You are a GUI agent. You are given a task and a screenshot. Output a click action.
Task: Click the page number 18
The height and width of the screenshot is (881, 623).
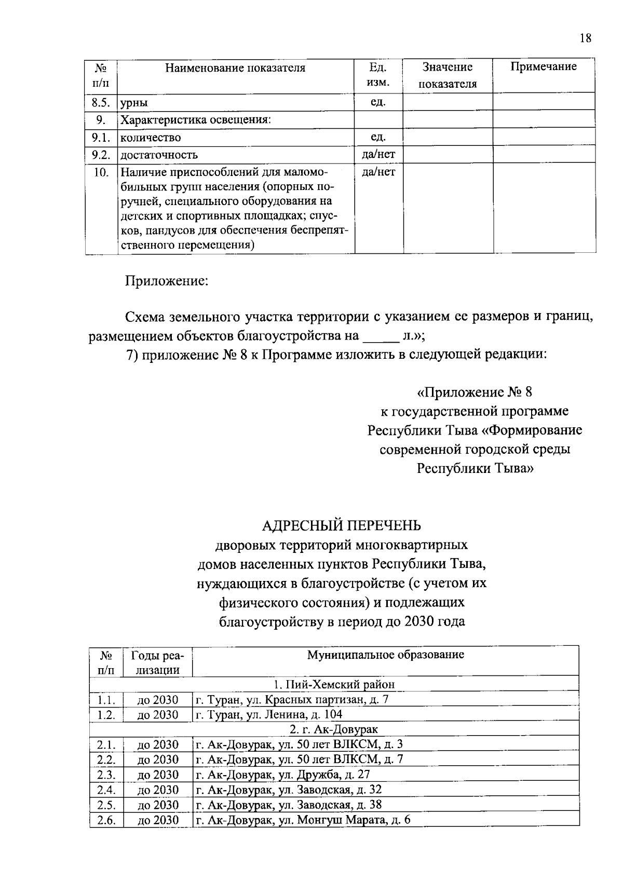point(585,39)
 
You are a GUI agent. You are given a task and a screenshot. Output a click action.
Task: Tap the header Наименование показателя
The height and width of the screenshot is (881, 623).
point(235,68)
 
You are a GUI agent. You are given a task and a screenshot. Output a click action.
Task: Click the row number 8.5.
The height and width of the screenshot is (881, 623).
point(101,102)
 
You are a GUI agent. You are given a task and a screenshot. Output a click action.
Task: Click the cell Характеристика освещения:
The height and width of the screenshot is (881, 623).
point(196,120)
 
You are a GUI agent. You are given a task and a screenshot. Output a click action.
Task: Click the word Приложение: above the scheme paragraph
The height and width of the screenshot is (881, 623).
point(166,281)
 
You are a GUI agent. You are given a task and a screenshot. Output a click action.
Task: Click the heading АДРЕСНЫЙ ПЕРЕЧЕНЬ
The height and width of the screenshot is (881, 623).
point(341,526)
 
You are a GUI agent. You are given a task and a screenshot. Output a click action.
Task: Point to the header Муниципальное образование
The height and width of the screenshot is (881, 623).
point(385,655)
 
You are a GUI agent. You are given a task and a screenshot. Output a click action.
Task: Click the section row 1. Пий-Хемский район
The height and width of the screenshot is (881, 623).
point(334,684)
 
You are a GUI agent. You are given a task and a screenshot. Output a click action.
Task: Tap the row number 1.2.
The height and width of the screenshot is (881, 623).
point(106,714)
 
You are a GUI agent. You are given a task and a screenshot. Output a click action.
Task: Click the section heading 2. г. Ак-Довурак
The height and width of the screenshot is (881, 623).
point(334,729)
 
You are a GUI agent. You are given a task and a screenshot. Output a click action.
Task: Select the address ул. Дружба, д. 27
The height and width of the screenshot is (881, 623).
point(282,774)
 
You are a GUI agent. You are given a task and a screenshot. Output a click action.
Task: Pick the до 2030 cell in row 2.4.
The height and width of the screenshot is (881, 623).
point(157,790)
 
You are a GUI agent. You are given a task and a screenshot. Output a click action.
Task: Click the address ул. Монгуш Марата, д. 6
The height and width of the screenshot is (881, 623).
point(303,820)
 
